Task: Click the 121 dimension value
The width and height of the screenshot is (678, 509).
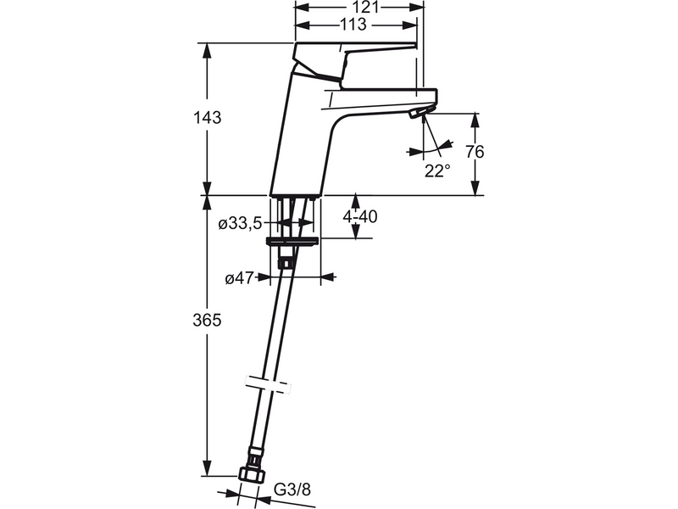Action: point(365,8)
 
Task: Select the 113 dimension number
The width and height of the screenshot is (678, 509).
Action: point(353,25)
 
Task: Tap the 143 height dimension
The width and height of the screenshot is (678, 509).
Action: point(207,117)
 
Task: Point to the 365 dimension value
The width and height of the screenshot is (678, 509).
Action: point(207,321)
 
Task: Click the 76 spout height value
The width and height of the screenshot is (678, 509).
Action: point(475,152)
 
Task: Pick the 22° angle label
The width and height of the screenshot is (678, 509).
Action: point(437,171)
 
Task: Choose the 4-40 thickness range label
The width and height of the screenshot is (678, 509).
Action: point(359,216)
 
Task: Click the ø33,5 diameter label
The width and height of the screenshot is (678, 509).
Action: point(240,223)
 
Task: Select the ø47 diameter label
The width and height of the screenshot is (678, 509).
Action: point(239,279)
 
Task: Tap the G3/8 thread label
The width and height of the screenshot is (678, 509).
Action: point(292,489)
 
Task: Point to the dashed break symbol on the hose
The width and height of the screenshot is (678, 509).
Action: point(268,384)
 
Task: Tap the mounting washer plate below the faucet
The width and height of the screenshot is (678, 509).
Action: point(293,242)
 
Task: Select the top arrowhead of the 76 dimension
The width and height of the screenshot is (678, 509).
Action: point(475,120)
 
